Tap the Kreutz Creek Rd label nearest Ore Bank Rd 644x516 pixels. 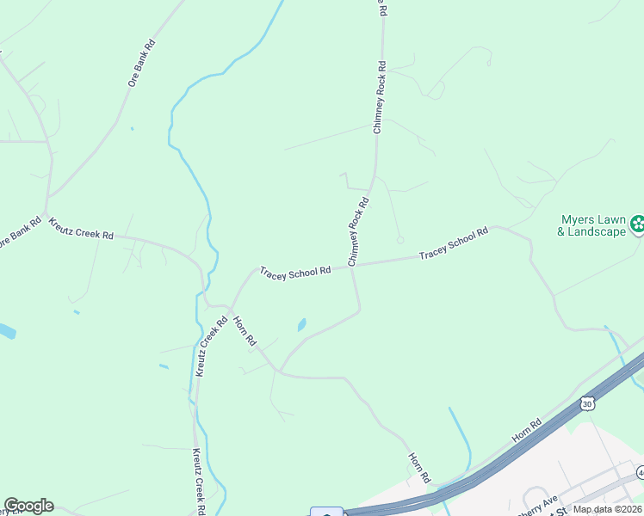(x=81, y=228)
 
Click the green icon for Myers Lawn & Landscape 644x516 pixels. (x=638, y=225)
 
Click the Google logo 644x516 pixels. (x=28, y=506)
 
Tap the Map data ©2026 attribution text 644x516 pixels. (x=607, y=509)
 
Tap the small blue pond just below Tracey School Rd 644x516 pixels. (x=300, y=325)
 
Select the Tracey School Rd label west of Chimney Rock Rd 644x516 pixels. (x=295, y=271)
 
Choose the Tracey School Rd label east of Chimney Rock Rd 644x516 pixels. (x=454, y=244)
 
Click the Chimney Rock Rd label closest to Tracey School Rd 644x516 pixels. (x=358, y=230)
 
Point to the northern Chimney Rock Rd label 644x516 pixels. (x=378, y=96)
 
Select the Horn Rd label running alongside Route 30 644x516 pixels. (x=525, y=431)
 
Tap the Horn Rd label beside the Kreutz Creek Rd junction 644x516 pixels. (x=244, y=330)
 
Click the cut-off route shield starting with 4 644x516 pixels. (x=641, y=471)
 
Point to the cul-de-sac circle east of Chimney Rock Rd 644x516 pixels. (x=399, y=240)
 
